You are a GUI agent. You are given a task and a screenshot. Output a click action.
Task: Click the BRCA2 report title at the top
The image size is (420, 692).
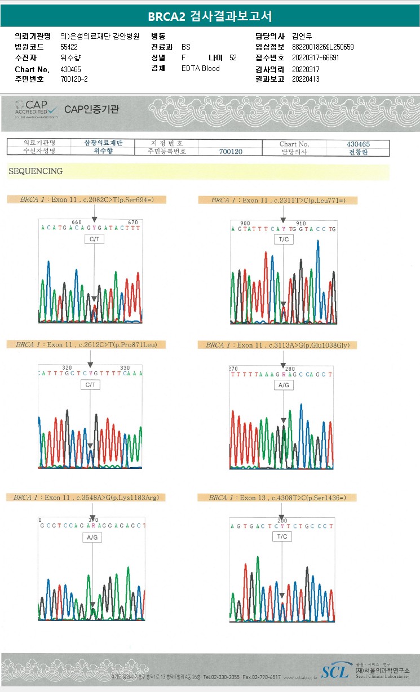(210, 17)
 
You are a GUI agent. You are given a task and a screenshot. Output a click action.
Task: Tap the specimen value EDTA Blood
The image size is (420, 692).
(201, 69)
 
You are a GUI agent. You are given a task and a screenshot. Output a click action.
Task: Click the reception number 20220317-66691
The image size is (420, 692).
(316, 58)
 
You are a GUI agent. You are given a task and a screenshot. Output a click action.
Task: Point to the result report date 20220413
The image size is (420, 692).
(306, 79)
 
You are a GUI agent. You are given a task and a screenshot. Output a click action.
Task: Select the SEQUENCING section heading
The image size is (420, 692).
(36, 171)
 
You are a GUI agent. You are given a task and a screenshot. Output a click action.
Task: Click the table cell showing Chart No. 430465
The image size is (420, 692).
(358, 144)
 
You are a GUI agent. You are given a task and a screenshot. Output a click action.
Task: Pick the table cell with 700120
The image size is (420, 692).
(231, 152)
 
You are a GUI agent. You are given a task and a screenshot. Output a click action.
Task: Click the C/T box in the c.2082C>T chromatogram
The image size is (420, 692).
(94, 239)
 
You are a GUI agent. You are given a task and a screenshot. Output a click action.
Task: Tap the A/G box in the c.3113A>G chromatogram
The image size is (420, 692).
(283, 384)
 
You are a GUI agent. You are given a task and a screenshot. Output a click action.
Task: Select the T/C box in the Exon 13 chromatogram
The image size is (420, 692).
(282, 536)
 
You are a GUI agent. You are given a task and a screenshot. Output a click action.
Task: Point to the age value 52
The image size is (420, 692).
(233, 58)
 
